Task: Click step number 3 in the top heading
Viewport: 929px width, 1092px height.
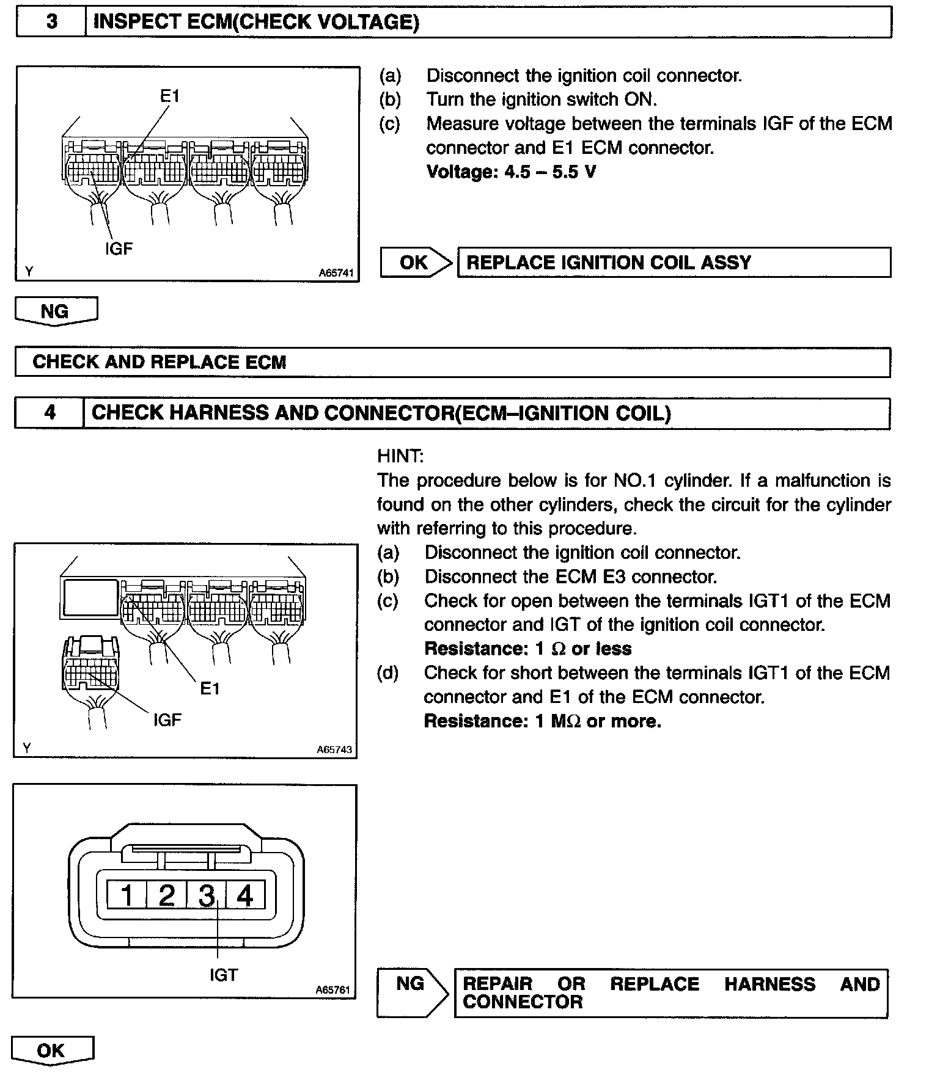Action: coord(52,22)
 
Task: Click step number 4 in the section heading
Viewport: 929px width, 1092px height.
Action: coord(50,413)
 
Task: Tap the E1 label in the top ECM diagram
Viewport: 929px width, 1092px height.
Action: coord(170,96)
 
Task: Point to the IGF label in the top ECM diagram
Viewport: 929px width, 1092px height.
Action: coord(119,249)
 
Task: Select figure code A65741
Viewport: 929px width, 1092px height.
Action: coord(336,273)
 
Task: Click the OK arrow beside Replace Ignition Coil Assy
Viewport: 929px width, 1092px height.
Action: coord(416,263)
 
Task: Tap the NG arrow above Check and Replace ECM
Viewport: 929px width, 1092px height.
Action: coord(55,311)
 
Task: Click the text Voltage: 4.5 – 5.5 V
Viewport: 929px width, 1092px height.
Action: coord(511,172)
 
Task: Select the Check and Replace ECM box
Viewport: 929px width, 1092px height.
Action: coord(452,362)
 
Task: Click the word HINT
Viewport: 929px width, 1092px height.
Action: coord(400,456)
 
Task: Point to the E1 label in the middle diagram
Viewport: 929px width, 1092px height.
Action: coord(210,689)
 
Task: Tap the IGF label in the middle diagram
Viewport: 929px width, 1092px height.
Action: coord(167,720)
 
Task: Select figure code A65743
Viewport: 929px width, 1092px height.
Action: coord(334,749)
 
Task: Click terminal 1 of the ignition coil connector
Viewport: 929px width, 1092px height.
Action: coord(127,895)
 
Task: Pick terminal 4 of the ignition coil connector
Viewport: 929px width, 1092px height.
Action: coord(245,895)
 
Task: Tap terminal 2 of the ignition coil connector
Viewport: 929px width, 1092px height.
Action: coord(166,895)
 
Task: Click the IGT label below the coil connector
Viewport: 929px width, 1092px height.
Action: coord(223,975)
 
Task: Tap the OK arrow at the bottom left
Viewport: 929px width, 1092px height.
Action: coord(51,1050)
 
